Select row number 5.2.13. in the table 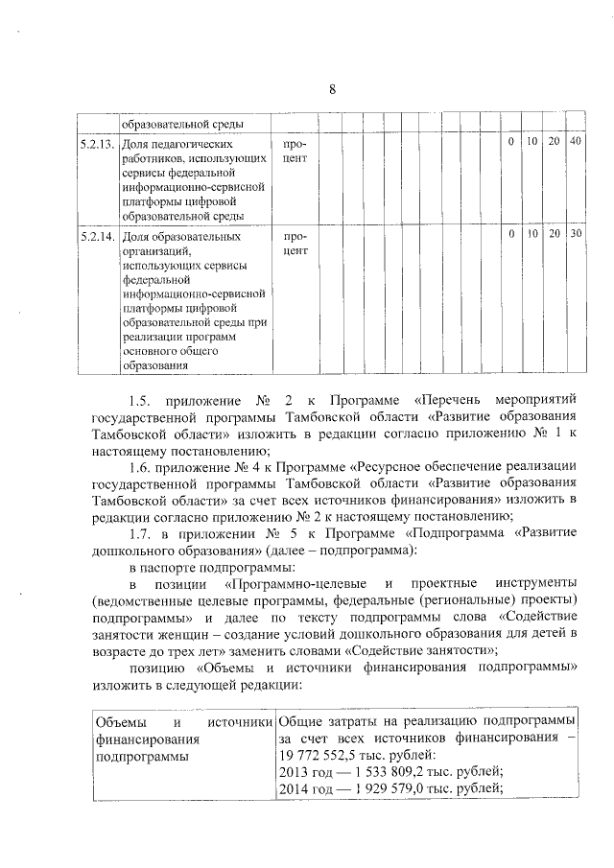coord(97,143)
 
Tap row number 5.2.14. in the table coord(97,235)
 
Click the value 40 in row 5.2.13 coord(575,143)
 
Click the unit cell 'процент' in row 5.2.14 coord(296,243)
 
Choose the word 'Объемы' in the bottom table coord(117,720)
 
